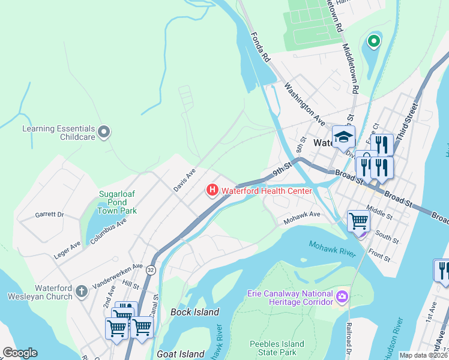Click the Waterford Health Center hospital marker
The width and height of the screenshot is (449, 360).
[212, 191]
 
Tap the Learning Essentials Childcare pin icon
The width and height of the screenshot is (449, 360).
[104, 131]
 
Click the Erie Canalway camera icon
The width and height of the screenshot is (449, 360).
[342, 296]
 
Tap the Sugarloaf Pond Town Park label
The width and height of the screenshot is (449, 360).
[118, 203]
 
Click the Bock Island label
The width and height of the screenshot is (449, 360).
[194, 312]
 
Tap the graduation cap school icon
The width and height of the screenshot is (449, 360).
[344, 137]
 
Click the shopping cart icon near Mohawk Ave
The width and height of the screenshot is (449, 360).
[359, 221]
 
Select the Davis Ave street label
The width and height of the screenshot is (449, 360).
[185, 179]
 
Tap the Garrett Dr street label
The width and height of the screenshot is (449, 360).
[49, 214]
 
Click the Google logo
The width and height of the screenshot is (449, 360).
[20, 353]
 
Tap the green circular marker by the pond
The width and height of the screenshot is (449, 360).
[373, 41]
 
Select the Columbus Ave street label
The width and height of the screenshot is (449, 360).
[109, 232]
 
